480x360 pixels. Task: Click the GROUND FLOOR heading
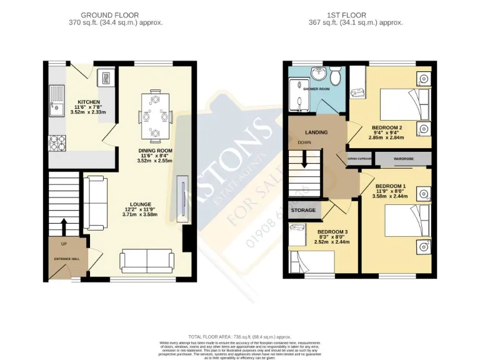110,15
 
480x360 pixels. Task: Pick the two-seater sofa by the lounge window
147,259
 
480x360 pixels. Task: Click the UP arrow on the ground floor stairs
64,225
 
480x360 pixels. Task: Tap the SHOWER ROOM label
316,89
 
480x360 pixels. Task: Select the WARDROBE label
404,159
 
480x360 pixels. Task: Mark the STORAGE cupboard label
302,210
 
